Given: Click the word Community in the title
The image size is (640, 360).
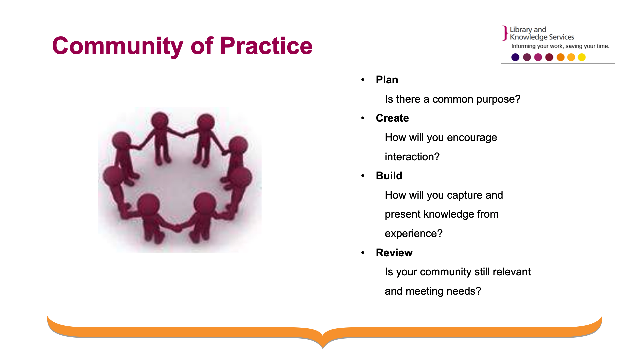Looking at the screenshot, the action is [118, 46].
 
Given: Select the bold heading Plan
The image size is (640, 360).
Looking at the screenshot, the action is [387, 80].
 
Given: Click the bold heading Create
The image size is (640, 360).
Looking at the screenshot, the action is [392, 118].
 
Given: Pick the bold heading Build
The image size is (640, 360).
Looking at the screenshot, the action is [389, 176].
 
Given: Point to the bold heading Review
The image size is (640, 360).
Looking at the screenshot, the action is [394, 253].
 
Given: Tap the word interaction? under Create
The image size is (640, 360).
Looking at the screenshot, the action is [412, 157].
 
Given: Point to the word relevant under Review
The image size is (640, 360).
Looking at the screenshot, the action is [512, 272].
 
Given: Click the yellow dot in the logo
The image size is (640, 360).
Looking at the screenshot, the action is [582, 57].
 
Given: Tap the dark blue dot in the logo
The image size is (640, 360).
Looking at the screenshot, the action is [515, 57].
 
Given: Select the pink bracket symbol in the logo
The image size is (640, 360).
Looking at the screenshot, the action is [505, 33].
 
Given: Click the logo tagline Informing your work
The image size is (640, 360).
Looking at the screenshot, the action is [537, 46].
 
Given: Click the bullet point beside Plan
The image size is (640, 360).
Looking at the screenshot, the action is [363, 80].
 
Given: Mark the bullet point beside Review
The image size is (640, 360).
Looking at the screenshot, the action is [363, 253].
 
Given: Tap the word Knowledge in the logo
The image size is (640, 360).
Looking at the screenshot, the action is [529, 37].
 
